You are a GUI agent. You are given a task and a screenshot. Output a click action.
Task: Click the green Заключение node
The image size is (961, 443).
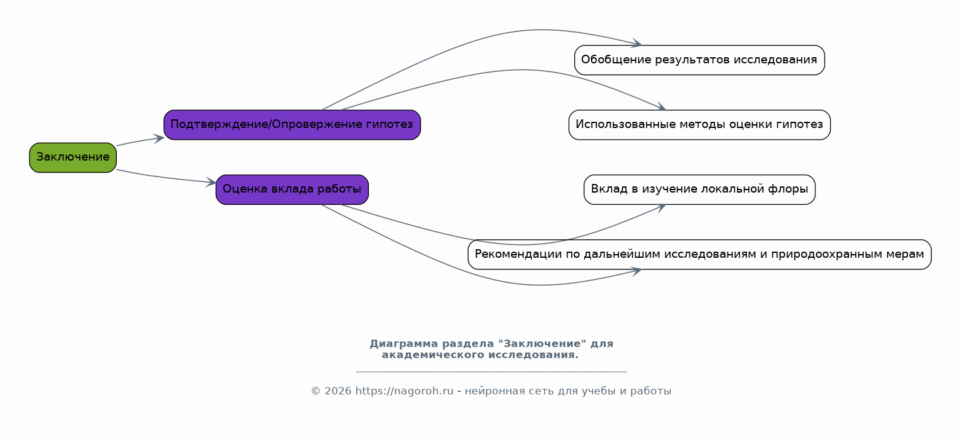coord(73,158)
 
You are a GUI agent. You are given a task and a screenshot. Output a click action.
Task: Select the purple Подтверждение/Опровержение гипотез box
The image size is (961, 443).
coord(292,125)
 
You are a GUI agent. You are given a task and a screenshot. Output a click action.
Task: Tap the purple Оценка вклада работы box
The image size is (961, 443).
coord(292,190)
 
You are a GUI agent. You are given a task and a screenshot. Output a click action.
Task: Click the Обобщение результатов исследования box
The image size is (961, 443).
coord(699,60)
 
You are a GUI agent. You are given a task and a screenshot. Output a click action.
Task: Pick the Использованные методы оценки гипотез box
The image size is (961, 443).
coord(699,125)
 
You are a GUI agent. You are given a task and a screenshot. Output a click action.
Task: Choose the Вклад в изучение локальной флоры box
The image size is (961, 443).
coord(699,190)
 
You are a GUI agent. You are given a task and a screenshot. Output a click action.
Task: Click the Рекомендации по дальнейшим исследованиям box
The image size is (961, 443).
coord(699,255)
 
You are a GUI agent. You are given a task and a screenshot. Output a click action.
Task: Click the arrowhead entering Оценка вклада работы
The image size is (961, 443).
coord(211,182)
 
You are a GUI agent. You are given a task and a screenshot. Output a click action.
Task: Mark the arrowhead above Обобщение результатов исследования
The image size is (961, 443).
coord(636,43)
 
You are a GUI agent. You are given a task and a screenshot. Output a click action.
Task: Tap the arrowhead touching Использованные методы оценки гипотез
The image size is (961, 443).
coord(661,106)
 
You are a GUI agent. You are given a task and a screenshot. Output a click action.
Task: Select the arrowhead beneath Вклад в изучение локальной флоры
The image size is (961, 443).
coord(661,208)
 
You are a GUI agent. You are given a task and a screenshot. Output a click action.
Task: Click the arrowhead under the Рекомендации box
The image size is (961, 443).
coord(636,271)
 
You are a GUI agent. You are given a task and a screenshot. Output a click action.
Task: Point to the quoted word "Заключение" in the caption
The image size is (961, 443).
coord(542,344)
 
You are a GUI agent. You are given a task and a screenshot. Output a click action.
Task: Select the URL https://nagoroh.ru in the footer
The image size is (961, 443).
coord(404,391)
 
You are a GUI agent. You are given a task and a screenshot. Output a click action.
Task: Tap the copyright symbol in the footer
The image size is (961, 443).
coord(316,391)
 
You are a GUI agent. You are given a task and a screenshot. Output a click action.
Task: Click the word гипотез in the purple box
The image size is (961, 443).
coord(389,124)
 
